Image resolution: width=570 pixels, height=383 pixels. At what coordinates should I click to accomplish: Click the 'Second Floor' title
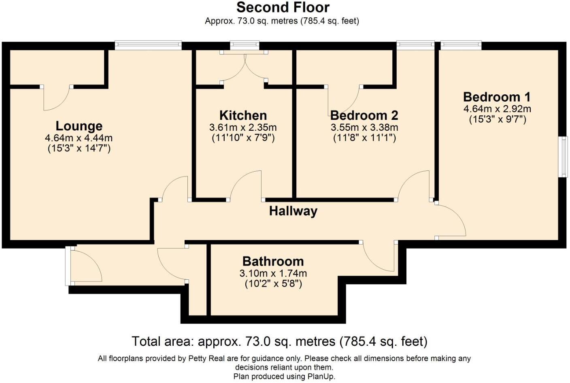tap(283, 7)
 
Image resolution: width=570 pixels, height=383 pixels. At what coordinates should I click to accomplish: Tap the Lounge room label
tap(79, 126)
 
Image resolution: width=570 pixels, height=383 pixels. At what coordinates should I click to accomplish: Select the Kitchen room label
tap(243, 115)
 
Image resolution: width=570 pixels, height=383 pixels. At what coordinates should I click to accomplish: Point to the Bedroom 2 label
tap(364, 115)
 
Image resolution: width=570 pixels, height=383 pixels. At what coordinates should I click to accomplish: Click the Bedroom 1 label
tap(497, 97)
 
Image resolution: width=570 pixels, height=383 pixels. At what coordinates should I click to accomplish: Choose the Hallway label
tap(293, 211)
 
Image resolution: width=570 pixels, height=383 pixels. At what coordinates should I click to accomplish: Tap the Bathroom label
tap(273, 261)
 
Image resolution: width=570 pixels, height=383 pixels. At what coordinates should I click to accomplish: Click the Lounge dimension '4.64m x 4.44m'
tap(79, 138)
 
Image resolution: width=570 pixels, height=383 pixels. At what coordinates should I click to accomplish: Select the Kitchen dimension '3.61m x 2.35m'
tap(243, 128)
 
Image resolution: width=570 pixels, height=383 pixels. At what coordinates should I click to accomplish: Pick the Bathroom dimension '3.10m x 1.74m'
tap(273, 273)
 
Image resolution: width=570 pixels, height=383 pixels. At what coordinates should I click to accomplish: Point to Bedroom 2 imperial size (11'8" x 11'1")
tap(364, 138)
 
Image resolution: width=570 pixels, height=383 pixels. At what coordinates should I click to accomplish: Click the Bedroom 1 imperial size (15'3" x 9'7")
tap(498, 119)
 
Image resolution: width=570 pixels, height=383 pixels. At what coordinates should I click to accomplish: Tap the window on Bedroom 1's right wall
tap(563, 157)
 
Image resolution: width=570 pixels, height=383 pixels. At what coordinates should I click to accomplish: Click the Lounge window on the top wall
tap(148, 45)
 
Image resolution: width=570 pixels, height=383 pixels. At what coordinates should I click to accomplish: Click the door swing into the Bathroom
tap(379, 257)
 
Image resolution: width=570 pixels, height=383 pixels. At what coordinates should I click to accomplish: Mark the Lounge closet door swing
tap(57, 98)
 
